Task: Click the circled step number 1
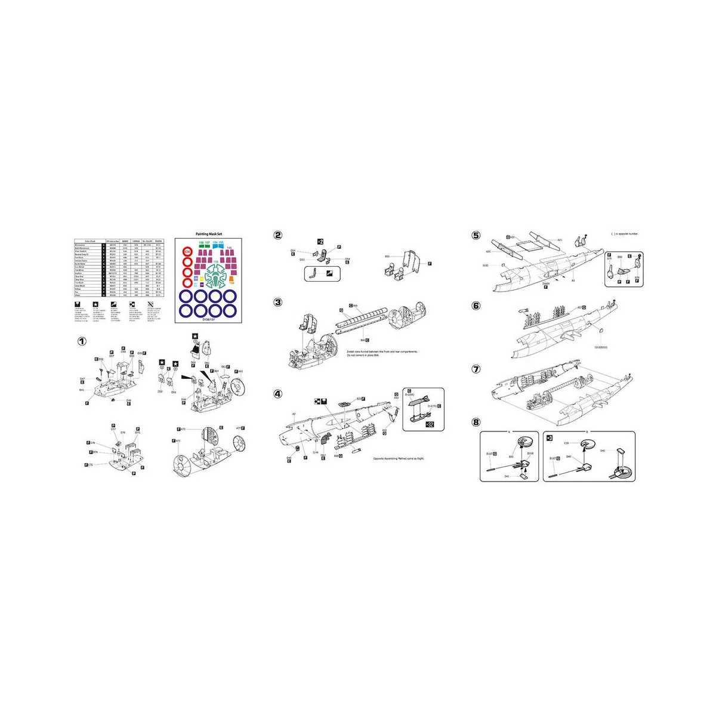pyautogui.click(x=82, y=341)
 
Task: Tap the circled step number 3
pyautogui.click(x=278, y=302)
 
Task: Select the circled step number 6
pyautogui.click(x=476, y=305)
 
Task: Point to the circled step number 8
pyautogui.click(x=476, y=422)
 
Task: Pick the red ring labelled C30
pyautogui.click(x=187, y=252)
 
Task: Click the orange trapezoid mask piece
pyautogui.click(x=232, y=283)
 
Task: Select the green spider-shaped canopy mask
pyautogui.click(x=215, y=276)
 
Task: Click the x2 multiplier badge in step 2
pyautogui.click(x=320, y=241)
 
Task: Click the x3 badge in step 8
pyautogui.click(x=550, y=437)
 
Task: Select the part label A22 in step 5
pyautogui.click(x=511, y=237)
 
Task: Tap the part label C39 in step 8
pyautogui.click(x=566, y=443)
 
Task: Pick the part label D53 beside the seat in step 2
pyautogui.click(x=302, y=260)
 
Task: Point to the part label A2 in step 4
pyautogui.click(x=294, y=413)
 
